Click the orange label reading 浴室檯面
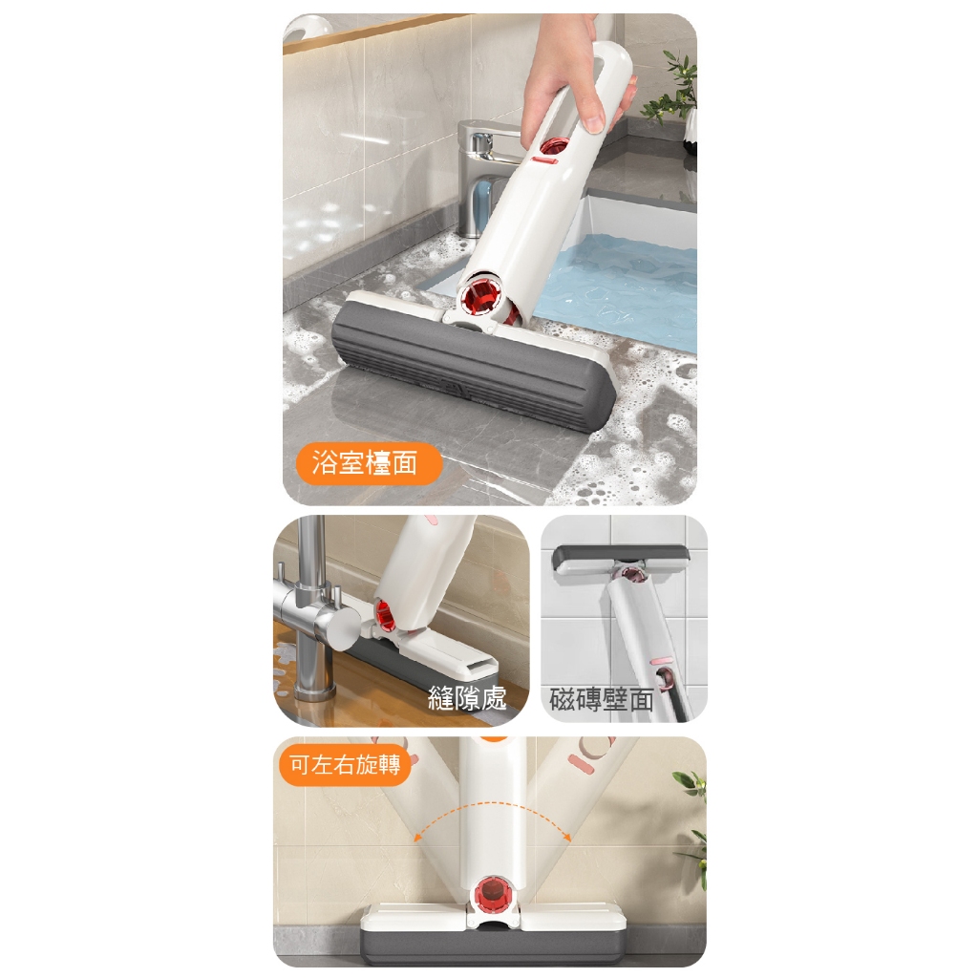pyautogui.click(x=369, y=463)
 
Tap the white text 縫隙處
pyautogui.click(x=466, y=698)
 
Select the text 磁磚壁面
pyautogui.click(x=602, y=700)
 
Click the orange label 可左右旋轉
pyautogui.click(x=345, y=764)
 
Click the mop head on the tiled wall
pyautogui.click(x=621, y=560)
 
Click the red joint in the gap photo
pyautogui.click(x=385, y=613)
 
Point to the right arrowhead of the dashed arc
pyautogui.click(x=567, y=837)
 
